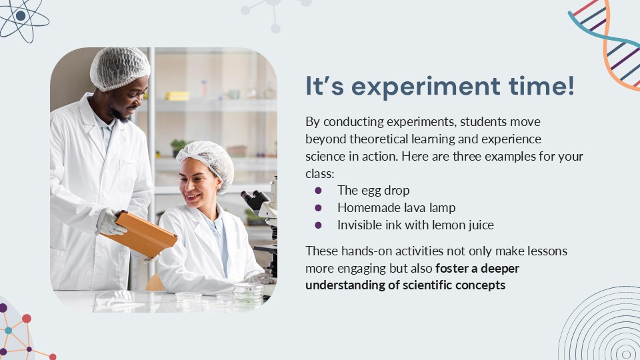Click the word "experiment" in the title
click(426, 87)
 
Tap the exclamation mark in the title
click(571, 85)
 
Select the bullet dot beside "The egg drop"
click(318, 190)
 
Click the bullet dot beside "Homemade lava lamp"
click(318, 208)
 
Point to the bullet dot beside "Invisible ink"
click(318, 225)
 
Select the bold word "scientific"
click(427, 285)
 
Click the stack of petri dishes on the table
click(248, 293)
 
